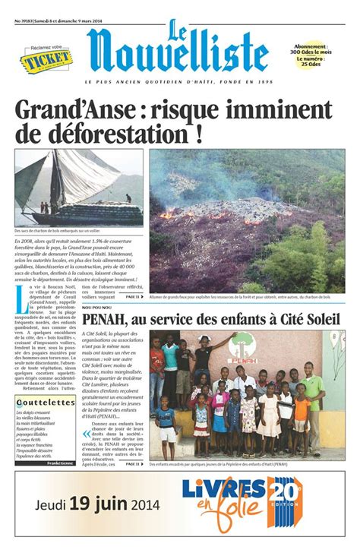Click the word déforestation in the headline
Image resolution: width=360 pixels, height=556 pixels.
click(x=112, y=137)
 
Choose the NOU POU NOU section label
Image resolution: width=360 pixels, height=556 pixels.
click(x=99, y=308)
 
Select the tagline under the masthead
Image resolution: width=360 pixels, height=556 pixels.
click(x=179, y=81)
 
